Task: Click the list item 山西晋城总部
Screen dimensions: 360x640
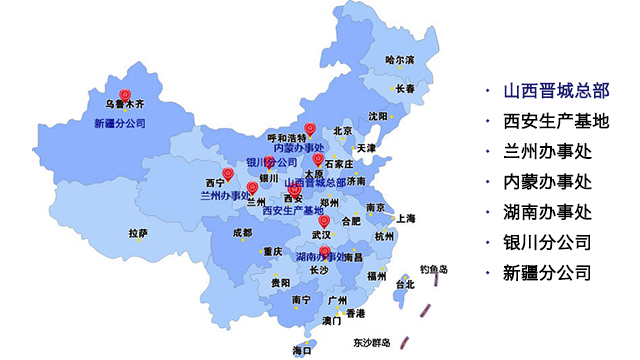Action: (545, 91)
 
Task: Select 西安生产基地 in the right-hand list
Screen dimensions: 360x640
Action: (545, 122)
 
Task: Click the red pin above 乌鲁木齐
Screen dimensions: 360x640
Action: (125, 72)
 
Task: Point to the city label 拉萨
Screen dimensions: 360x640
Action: (138, 233)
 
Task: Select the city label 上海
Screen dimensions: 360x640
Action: (405, 218)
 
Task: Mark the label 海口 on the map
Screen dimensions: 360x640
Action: (302, 350)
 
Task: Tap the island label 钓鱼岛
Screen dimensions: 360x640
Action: (434, 269)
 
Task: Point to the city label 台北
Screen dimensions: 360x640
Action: (404, 284)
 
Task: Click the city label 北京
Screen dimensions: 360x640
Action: (343, 130)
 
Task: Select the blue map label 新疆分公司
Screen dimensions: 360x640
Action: (120, 124)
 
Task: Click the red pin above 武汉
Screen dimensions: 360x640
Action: (324, 221)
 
